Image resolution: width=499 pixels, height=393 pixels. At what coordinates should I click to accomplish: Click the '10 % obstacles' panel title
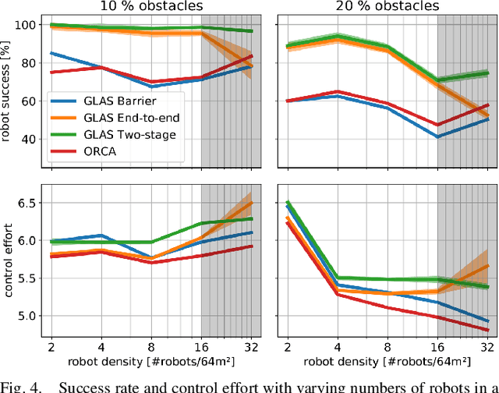click(x=150, y=7)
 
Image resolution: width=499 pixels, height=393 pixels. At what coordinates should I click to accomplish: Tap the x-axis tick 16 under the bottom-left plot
click(x=201, y=345)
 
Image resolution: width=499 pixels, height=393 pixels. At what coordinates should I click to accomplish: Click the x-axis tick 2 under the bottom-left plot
click(x=51, y=345)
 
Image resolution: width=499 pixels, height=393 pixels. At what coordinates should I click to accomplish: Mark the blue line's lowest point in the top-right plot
click(x=437, y=136)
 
